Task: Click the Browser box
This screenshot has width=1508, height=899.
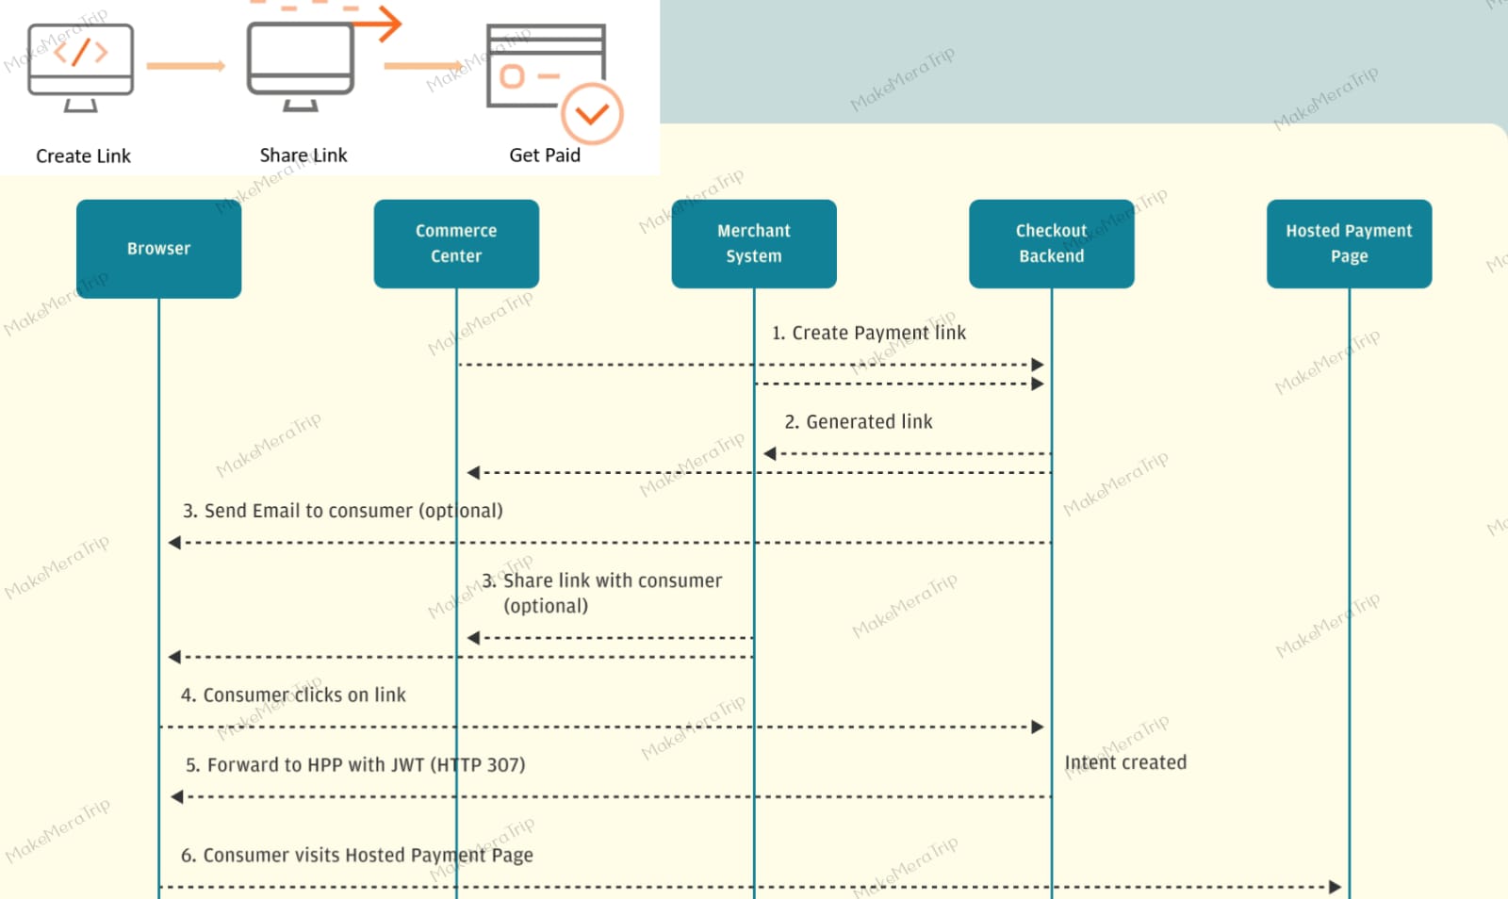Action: (x=159, y=248)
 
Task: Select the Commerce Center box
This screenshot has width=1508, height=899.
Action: (x=456, y=243)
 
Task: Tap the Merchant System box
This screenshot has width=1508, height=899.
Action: (x=754, y=243)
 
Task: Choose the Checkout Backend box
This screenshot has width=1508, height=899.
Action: (x=1052, y=243)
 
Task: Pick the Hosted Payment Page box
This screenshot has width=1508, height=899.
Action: (x=1349, y=243)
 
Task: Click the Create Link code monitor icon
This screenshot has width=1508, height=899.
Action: (x=81, y=67)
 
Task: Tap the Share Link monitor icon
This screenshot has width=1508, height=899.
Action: (x=301, y=66)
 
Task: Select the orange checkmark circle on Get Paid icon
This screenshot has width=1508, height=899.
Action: (x=592, y=114)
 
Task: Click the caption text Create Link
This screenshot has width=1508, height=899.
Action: (x=83, y=156)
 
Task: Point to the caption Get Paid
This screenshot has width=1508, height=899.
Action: (x=545, y=155)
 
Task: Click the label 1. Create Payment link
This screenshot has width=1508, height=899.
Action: (x=868, y=333)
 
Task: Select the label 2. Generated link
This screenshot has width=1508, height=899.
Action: (x=859, y=421)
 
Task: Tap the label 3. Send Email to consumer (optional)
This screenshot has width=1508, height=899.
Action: (x=343, y=511)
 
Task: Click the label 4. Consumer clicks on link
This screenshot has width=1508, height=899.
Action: (x=293, y=695)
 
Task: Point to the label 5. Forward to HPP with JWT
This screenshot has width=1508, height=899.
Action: (x=355, y=765)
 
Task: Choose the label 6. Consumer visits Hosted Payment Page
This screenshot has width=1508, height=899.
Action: (x=357, y=856)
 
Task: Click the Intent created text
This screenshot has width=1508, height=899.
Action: (x=1125, y=762)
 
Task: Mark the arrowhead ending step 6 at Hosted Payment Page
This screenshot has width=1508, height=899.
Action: (x=1336, y=887)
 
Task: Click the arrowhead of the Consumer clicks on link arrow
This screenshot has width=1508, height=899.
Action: (x=1038, y=727)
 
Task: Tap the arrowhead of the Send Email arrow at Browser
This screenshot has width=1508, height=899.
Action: (x=174, y=543)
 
